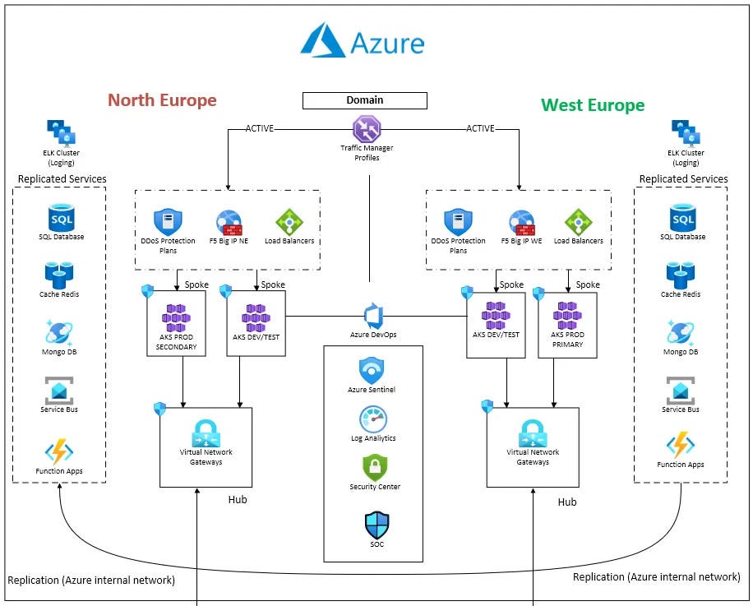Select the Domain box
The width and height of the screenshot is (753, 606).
point(365,100)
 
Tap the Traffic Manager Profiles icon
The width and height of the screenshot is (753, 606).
point(367,128)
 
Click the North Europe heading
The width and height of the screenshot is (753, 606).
point(162,100)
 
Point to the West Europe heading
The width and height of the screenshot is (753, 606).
point(592,105)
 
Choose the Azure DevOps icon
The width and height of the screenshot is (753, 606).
point(373,317)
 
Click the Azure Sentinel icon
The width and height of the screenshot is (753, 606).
point(372,371)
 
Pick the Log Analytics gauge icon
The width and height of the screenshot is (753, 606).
point(372,419)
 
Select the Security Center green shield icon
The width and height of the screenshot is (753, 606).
point(374,468)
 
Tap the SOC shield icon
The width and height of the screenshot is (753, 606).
point(376,525)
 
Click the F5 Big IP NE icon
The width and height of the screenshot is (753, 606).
point(229,224)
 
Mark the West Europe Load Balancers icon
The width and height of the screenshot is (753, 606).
point(578,223)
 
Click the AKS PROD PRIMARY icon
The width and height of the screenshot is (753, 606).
point(568,317)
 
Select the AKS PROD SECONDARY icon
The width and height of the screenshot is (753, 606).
point(176,317)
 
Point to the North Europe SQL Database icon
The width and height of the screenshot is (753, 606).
point(61,219)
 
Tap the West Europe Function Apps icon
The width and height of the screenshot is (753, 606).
point(680,446)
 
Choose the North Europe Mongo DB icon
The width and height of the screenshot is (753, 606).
point(60,333)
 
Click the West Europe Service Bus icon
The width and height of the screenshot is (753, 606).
point(680,391)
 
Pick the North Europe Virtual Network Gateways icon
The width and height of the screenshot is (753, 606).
point(206,433)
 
